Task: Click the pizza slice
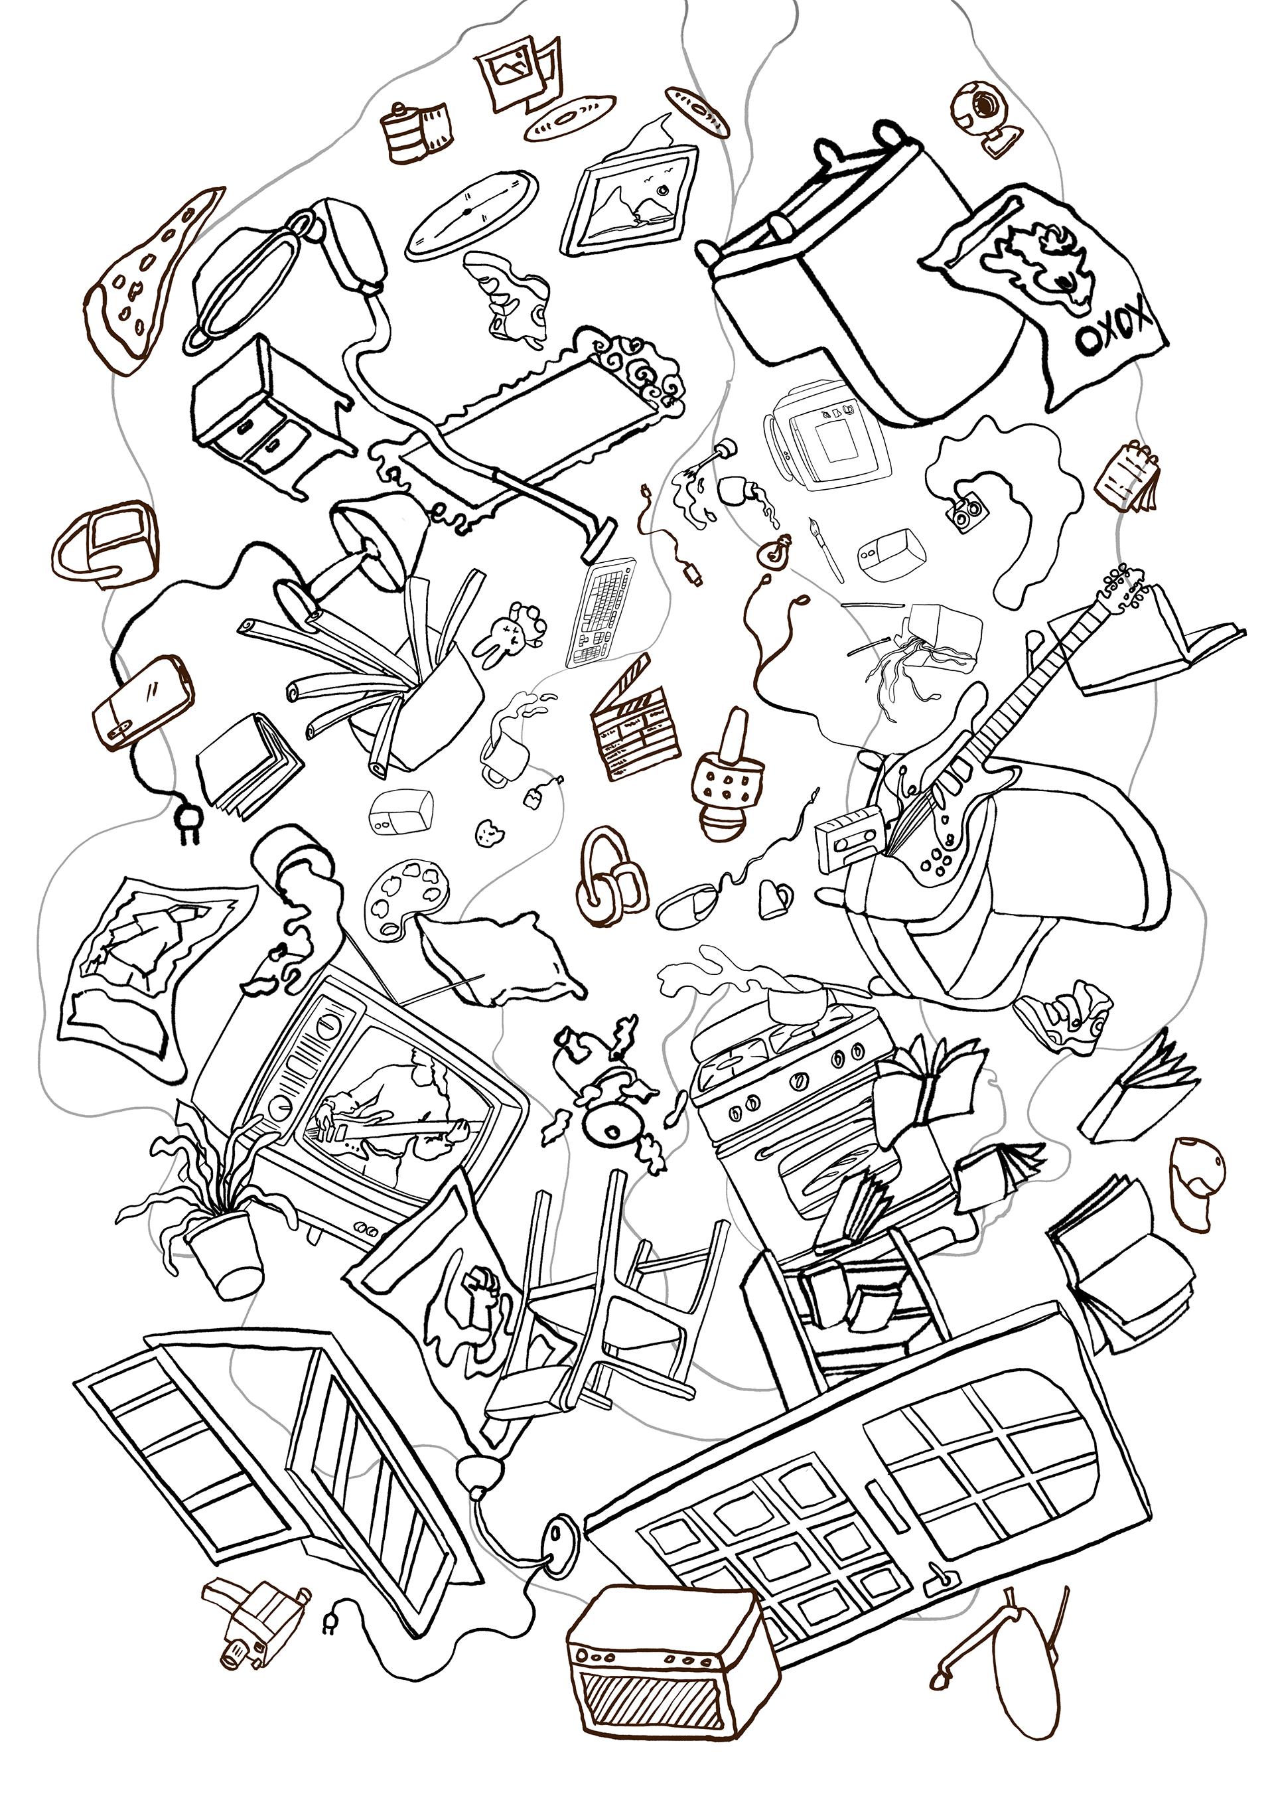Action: point(149,283)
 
